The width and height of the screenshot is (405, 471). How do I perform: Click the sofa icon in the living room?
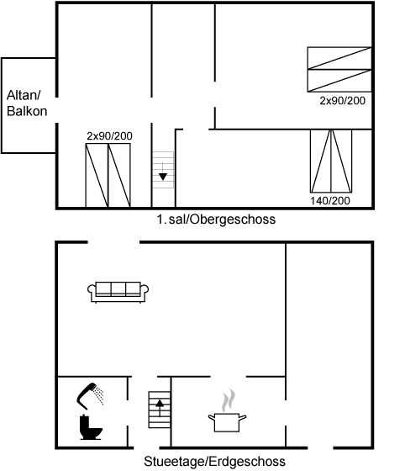point(118,292)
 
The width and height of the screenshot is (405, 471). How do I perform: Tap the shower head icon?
point(87,394)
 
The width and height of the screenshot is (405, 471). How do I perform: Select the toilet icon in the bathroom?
point(91,427)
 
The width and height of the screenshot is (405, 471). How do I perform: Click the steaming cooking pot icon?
point(227,410)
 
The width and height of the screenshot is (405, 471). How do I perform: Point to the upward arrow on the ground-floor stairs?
point(160,408)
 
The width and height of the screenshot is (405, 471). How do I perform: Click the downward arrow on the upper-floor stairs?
point(163,172)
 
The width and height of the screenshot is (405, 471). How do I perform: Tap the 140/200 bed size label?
point(330,201)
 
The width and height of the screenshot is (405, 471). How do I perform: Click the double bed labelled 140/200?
point(331,161)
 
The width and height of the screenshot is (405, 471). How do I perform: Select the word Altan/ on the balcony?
point(24,96)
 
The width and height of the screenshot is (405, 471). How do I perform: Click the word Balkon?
point(27,111)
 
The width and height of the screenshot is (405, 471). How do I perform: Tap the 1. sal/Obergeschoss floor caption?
point(216,220)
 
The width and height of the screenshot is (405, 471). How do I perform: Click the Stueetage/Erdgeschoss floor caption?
point(214,462)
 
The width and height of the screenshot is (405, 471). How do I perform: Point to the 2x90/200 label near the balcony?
point(109,136)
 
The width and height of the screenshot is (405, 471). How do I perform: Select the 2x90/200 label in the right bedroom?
point(342,101)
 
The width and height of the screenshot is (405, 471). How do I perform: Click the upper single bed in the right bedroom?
point(339,58)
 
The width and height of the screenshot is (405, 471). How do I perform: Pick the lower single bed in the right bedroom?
point(339,81)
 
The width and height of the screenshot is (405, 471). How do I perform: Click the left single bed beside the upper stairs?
point(97,176)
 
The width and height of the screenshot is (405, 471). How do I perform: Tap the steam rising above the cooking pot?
point(229,400)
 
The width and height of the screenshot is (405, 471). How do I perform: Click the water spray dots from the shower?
point(98,395)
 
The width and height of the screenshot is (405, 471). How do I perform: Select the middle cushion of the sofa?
point(118,289)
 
